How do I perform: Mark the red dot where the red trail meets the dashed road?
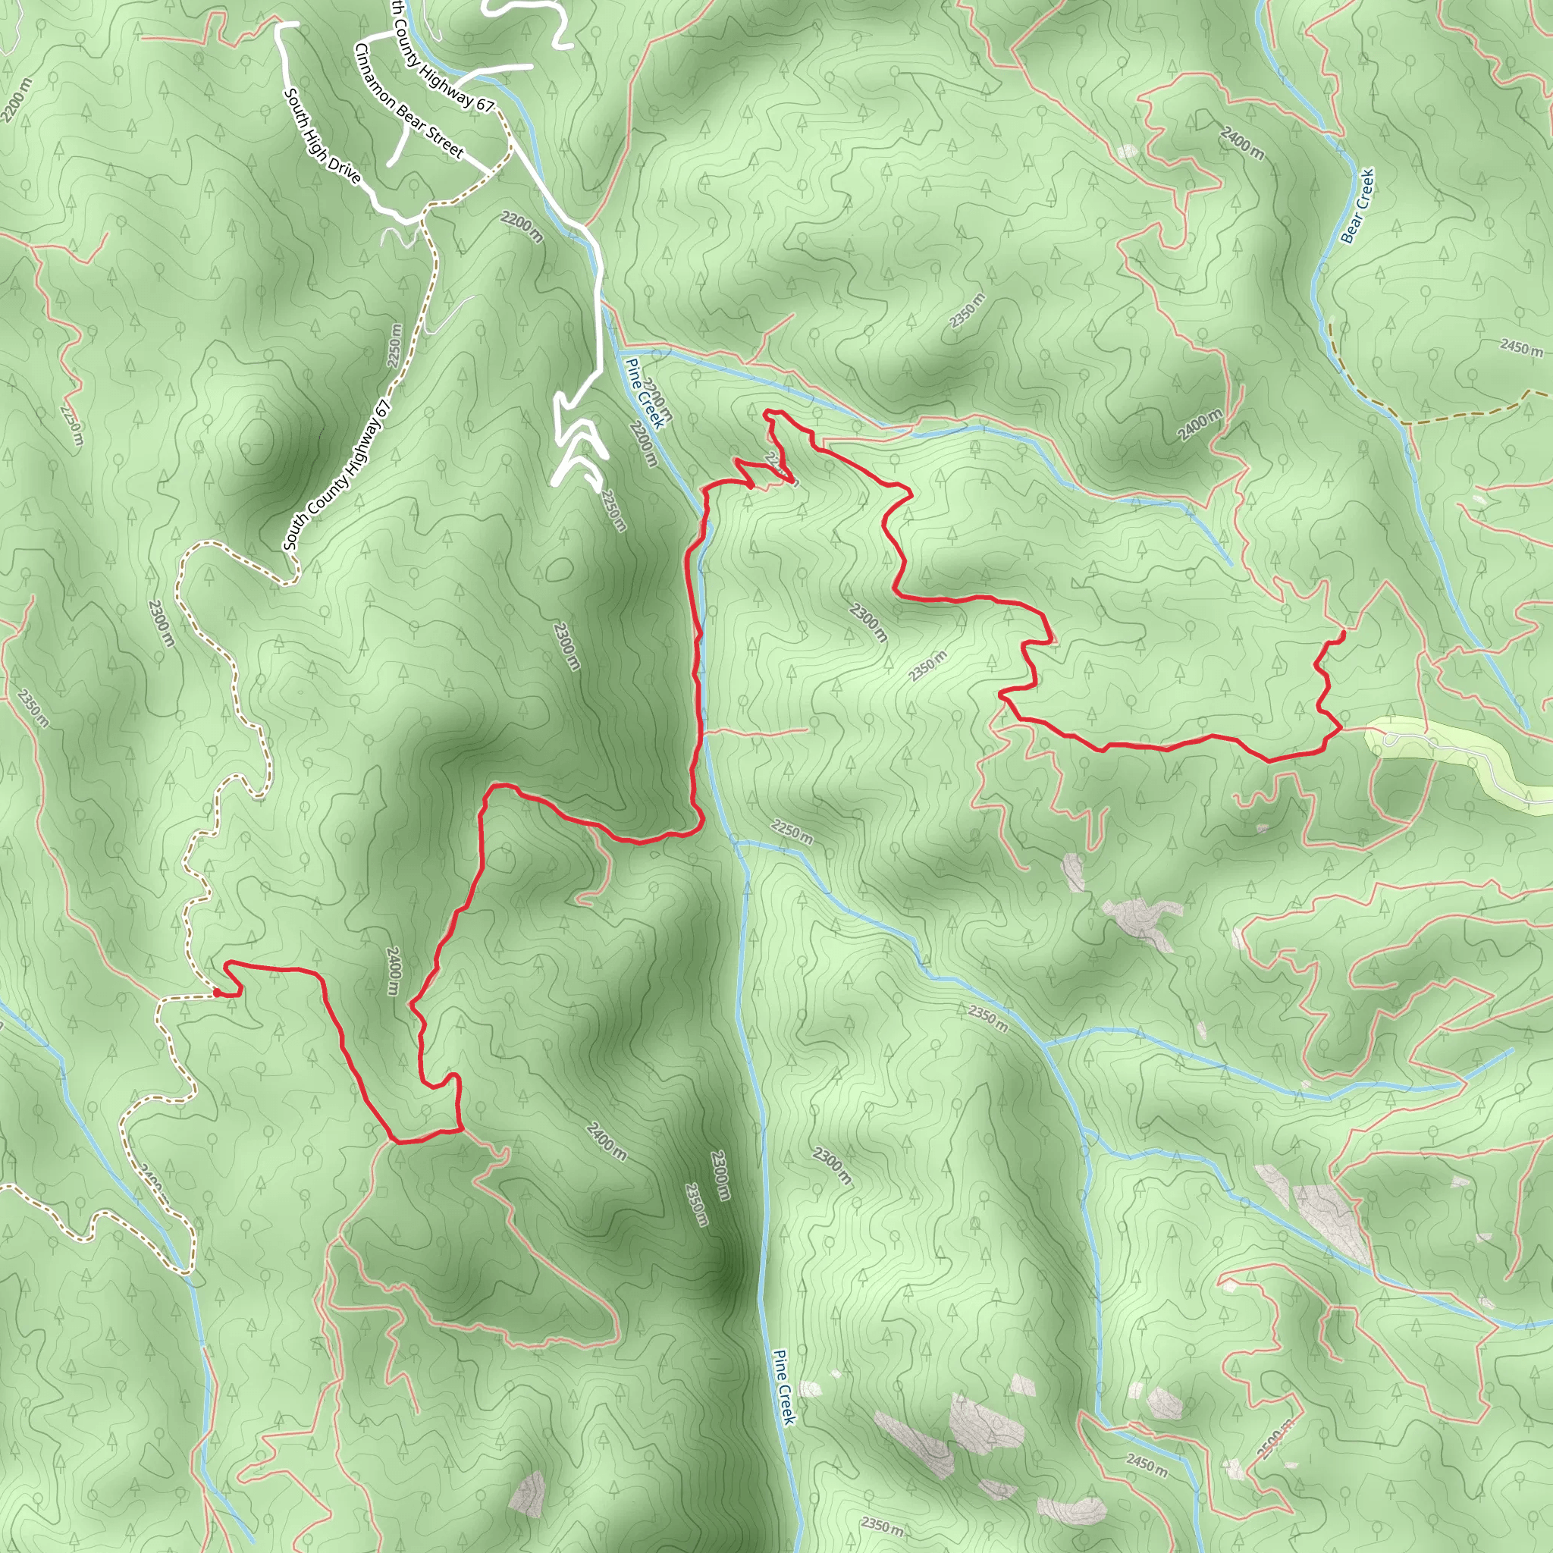(218, 993)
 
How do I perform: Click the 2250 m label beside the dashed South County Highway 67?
(394, 346)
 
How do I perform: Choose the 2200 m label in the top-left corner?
(17, 101)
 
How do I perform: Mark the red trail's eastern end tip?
(1344, 635)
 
